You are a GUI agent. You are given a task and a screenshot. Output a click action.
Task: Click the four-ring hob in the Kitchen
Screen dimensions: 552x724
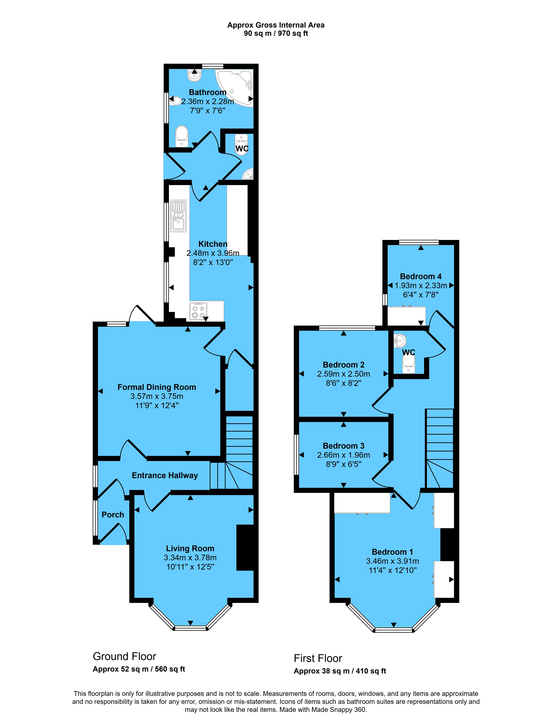tap(198, 311)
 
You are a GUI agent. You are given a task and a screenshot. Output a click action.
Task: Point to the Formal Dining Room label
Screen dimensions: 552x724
tap(157, 387)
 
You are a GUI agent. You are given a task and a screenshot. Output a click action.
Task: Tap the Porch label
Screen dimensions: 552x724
tap(113, 515)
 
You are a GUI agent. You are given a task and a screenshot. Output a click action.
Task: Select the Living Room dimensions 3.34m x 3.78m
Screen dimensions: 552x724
tap(190, 558)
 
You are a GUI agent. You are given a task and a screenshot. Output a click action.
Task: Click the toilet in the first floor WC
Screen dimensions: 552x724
tap(409, 364)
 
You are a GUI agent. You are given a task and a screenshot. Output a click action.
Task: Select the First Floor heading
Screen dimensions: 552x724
tap(318, 658)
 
